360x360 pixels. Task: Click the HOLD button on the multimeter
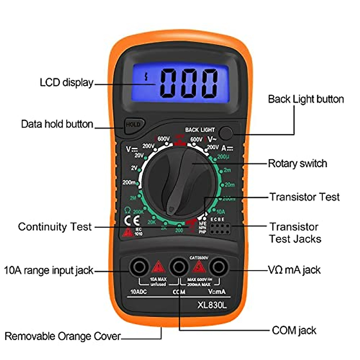coord(133,124)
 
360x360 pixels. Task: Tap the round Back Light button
coord(225,133)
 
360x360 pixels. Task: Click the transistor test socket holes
coord(220,229)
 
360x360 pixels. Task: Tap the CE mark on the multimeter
coord(132,221)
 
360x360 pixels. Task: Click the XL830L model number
coord(212,305)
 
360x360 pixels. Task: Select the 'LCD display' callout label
coord(66,82)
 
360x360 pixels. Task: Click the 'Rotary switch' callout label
coord(297,163)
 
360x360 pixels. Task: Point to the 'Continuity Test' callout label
coord(55,227)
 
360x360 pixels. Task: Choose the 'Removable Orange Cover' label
coord(62,336)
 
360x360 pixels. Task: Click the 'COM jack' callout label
coord(294,331)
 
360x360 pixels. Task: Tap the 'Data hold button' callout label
coord(57,124)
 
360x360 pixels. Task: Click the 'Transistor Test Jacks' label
coord(295,233)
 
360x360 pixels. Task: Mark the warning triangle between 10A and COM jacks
coord(158,267)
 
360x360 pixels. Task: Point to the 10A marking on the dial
coord(220,211)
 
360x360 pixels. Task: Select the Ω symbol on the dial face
coord(127,210)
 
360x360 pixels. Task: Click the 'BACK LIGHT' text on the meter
coord(200,130)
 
